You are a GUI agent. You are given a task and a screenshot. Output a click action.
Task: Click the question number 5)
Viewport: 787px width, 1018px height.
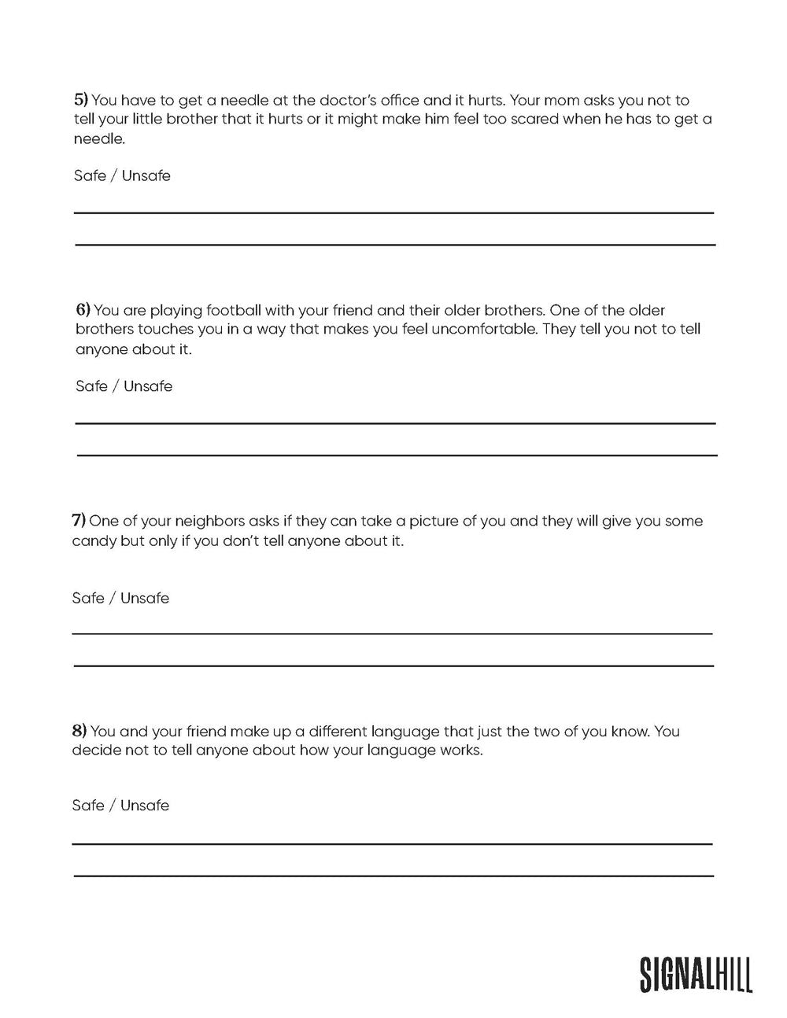81,101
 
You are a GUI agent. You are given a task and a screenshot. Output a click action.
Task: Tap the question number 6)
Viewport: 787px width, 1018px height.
83,310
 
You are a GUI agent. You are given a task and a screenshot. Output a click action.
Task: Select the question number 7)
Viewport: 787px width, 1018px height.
79,521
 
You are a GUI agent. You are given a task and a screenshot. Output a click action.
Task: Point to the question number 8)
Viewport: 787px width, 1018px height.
79,731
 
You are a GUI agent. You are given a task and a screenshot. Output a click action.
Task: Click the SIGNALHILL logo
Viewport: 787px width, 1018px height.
696,974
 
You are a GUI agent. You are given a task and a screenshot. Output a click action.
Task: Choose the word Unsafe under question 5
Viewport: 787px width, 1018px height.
146,175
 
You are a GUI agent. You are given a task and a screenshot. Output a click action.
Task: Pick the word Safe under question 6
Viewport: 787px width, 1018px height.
91,386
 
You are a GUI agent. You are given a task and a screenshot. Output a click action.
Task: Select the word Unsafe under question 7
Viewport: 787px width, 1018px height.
145,598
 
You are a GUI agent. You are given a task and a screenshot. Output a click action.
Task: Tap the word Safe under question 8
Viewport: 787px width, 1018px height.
88,806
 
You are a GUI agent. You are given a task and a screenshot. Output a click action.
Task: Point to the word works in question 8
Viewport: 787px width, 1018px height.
460,750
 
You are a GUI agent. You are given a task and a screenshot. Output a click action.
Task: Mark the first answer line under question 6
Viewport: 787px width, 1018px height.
395,423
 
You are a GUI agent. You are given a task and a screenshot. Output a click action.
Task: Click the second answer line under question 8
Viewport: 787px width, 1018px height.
393,876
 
